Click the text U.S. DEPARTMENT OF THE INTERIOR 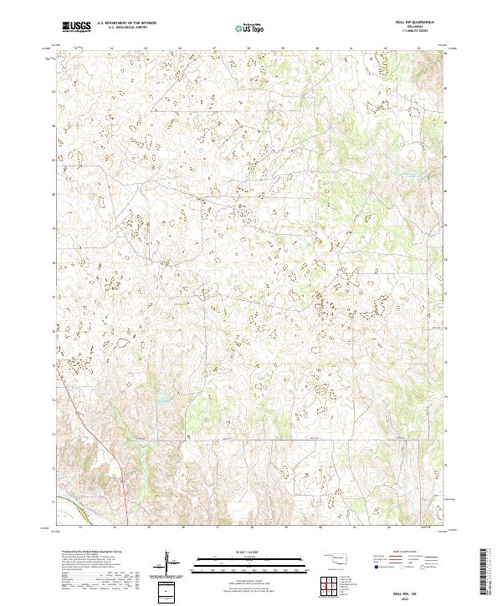coord(126,23)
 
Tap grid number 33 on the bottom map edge coord(79,528)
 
